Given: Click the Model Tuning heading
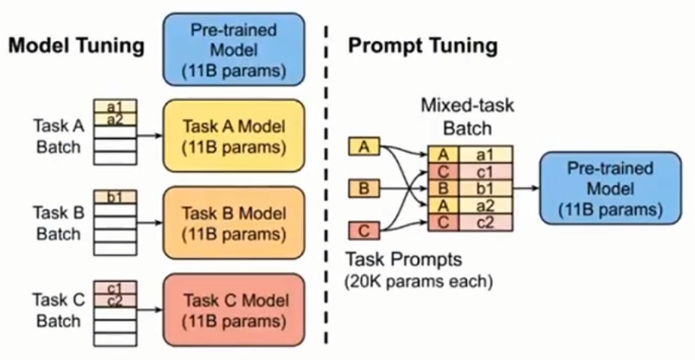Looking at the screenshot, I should point(76,46).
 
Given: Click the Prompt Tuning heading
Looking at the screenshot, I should point(422,46).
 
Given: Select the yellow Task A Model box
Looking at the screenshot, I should point(235,134).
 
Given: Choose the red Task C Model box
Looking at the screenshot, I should point(235,311).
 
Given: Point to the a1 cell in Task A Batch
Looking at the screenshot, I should point(115,107).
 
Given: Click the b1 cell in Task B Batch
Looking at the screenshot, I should point(115,197).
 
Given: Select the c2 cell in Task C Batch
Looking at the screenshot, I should point(115,300).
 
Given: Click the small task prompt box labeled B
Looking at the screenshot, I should point(364,187).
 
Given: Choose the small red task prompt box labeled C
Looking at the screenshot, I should point(364,229).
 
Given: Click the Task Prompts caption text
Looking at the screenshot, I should point(405,259).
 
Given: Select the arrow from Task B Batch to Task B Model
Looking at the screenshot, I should point(149,223).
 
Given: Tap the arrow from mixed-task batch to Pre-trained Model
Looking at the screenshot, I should point(524,187).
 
